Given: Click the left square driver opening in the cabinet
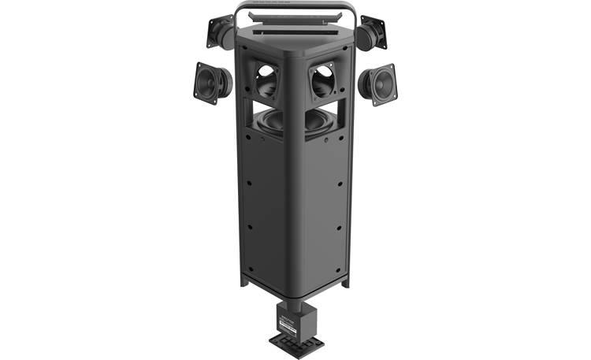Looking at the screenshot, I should [x=266, y=80].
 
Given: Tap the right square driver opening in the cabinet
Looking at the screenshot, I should [x=323, y=80].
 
